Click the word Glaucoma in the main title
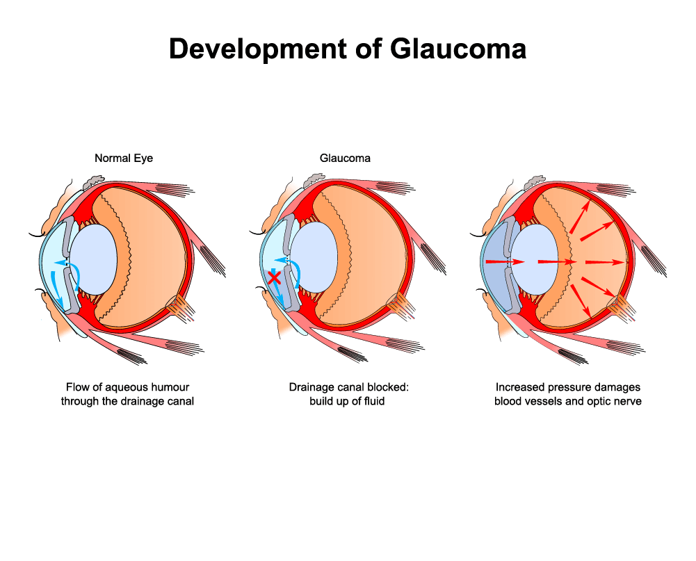(458, 49)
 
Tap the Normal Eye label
(124, 158)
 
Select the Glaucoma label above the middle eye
(345, 158)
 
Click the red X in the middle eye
(275, 278)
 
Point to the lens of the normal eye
(94, 259)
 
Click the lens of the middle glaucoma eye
(314, 257)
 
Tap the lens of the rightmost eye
(535, 259)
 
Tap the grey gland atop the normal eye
(92, 181)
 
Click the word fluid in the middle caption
(374, 401)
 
